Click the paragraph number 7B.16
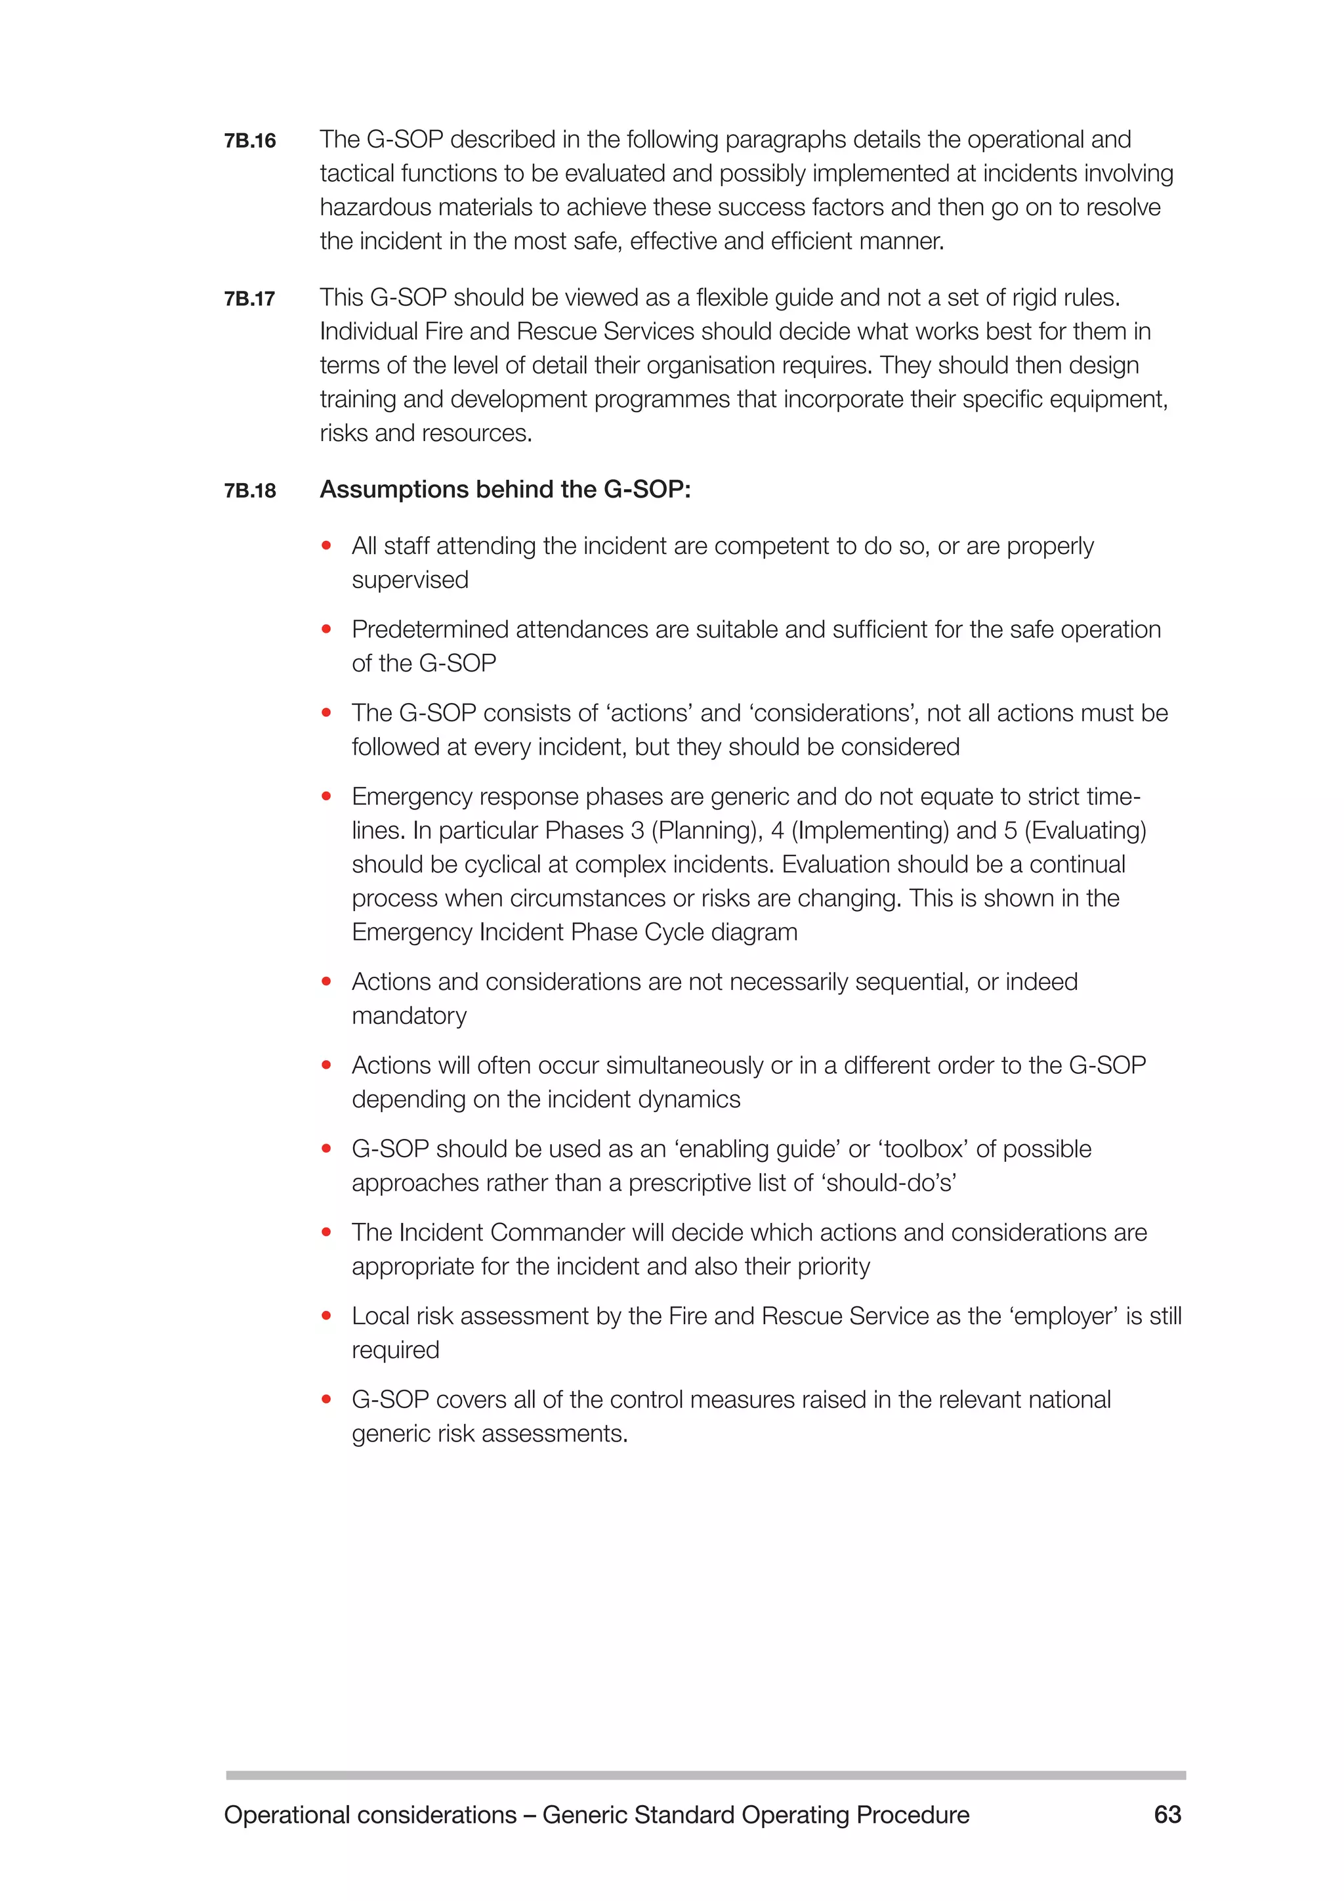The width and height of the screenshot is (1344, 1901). pos(249,140)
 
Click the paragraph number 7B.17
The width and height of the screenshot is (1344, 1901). pos(249,299)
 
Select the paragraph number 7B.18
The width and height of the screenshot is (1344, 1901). pos(249,491)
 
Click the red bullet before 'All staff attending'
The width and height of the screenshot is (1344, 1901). pos(326,545)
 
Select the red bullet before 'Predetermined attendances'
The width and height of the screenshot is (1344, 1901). pos(326,630)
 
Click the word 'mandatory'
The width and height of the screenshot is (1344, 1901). pos(409,1016)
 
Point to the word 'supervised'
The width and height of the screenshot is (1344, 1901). pos(409,580)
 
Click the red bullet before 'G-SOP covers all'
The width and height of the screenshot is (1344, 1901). pos(326,1400)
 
